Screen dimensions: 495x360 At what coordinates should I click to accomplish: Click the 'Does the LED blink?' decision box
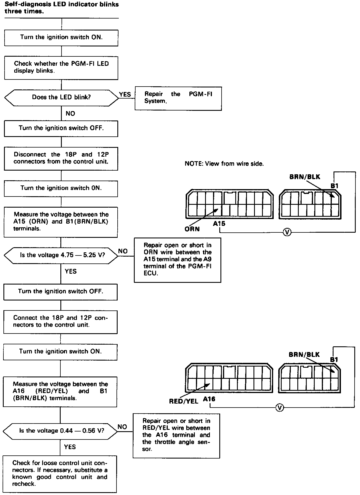click(61, 97)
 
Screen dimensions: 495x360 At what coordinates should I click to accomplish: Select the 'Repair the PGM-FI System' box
click(178, 98)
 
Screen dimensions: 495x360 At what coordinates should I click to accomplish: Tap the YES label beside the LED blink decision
click(125, 94)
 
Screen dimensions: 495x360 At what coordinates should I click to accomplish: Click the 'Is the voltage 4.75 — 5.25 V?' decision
click(61, 255)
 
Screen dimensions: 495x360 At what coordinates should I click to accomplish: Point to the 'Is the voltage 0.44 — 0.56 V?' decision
click(60, 430)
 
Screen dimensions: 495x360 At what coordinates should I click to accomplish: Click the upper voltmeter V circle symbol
click(287, 232)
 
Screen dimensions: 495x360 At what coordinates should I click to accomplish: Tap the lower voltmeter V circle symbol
click(280, 408)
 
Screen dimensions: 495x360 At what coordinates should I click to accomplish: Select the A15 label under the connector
click(219, 224)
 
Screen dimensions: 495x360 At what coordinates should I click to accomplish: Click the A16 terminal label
click(209, 399)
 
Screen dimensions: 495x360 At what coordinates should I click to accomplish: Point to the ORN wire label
click(192, 229)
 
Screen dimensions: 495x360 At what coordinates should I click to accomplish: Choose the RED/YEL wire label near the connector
click(184, 401)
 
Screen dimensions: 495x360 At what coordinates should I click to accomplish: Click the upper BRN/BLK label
click(305, 177)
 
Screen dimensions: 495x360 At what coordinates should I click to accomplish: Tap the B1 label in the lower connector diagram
click(334, 360)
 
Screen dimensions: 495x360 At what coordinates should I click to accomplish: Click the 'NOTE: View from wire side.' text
click(224, 164)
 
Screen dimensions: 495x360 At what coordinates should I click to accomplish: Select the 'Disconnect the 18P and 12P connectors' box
click(61, 158)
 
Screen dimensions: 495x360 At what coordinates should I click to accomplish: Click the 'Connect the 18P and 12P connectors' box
click(60, 322)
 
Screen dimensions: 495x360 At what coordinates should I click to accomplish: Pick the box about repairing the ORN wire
click(177, 260)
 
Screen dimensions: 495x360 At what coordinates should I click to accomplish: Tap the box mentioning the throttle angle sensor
click(176, 435)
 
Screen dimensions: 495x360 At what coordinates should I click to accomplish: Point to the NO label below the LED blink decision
click(70, 114)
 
